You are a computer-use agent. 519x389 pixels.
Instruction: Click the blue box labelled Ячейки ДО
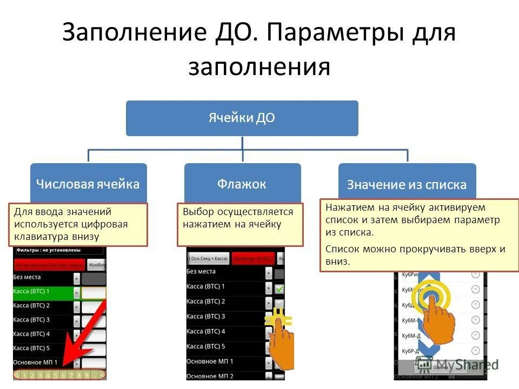click(242, 118)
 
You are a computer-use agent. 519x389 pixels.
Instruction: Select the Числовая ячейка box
click(88, 184)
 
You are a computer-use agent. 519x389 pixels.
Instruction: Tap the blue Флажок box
click(242, 184)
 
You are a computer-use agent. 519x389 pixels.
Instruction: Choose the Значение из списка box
click(407, 185)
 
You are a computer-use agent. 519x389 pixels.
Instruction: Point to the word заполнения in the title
click(259, 68)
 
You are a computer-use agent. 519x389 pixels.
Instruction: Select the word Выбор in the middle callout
click(196, 212)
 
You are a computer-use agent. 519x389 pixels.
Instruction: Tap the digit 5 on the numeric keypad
click(56, 374)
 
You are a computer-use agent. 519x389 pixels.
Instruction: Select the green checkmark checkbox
click(279, 289)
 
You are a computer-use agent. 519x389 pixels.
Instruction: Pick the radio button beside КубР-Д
click(475, 351)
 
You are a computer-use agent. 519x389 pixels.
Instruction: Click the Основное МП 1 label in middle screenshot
click(210, 361)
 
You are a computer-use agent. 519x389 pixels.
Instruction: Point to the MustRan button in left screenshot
click(97, 265)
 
